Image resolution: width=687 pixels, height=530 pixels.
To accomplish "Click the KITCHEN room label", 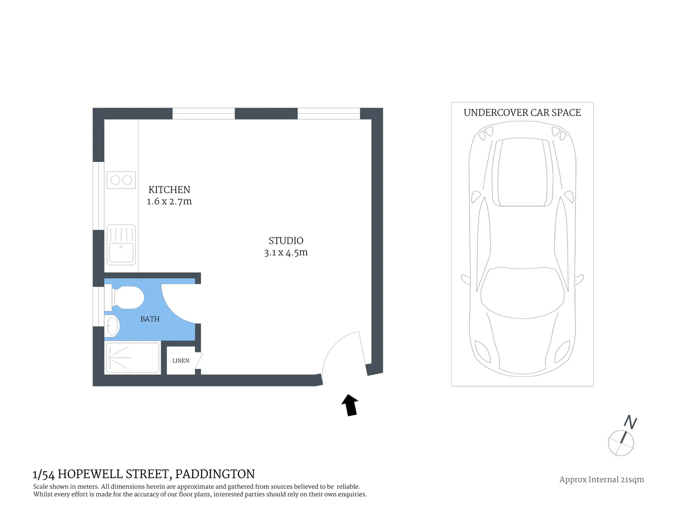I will click(x=169, y=189).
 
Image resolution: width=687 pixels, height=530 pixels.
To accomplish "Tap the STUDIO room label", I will click(x=286, y=240).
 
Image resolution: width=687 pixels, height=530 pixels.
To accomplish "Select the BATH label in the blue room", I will click(x=150, y=319).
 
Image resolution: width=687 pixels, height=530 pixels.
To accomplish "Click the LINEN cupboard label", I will click(x=180, y=361).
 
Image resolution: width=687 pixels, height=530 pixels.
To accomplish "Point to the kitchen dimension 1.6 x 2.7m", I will click(x=169, y=202).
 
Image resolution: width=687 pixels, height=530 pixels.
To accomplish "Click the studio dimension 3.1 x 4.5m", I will click(x=286, y=253).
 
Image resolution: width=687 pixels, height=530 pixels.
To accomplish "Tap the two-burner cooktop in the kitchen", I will click(x=121, y=180).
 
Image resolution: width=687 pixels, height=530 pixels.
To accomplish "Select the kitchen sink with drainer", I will click(x=121, y=244).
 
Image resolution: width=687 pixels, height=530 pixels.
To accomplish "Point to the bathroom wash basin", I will click(x=113, y=326).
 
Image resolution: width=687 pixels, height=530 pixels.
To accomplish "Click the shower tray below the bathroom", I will click(x=133, y=358).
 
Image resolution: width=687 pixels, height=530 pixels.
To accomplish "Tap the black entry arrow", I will click(x=350, y=405).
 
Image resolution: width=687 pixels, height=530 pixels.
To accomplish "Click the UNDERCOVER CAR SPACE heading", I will click(x=522, y=113).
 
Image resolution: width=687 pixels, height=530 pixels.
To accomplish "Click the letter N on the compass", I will click(x=630, y=422).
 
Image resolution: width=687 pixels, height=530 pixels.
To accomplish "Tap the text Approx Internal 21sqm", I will click(x=601, y=479).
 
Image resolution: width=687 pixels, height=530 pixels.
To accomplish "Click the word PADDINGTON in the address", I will click(x=215, y=474).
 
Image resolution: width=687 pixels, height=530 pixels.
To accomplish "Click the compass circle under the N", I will click(x=621, y=443).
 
